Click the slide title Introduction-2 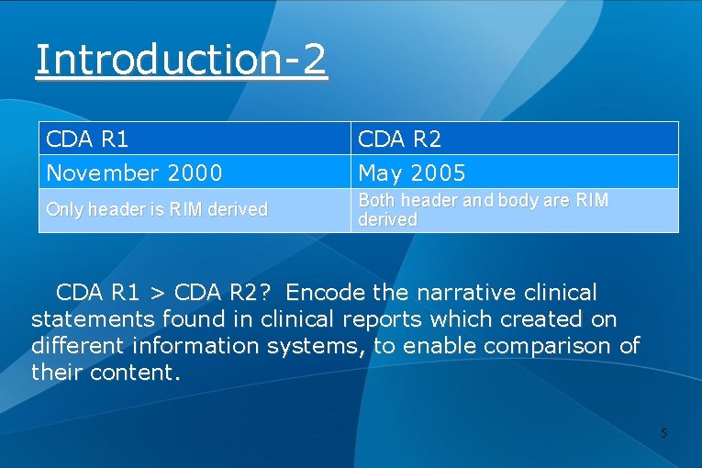coord(181,60)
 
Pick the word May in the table coord(377,173)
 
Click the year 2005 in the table coord(437,173)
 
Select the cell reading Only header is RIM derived coord(157,209)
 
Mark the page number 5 coord(663,432)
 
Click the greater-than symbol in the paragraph coord(157,294)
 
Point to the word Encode coord(326,293)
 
